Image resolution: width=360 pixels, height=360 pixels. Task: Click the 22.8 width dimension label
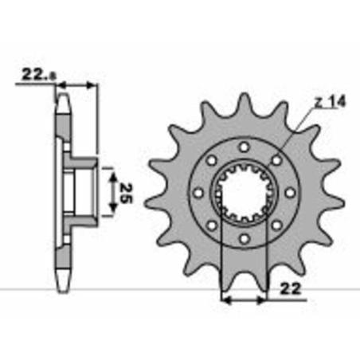[x=39, y=74]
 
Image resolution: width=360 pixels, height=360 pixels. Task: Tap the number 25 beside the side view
[x=126, y=193]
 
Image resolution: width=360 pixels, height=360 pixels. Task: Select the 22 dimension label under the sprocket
[x=291, y=288]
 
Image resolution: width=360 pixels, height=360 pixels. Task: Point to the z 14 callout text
[x=330, y=102]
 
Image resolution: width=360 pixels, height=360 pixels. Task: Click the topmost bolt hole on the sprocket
[x=245, y=147]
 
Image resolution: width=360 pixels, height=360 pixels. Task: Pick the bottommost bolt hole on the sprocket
[x=245, y=238]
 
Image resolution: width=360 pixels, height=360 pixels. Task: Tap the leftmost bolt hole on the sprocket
[x=198, y=193]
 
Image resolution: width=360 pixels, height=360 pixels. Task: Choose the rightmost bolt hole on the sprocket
[x=290, y=193]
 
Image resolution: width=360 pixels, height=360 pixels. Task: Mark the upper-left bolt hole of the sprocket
[x=212, y=160]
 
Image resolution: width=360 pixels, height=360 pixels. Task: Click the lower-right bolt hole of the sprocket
[x=276, y=225]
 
